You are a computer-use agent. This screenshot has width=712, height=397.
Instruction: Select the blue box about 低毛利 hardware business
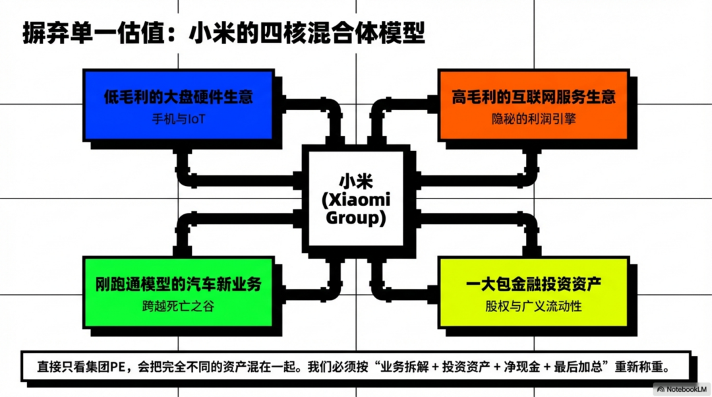click(x=178, y=106)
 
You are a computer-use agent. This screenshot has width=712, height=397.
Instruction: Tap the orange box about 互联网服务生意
click(x=533, y=106)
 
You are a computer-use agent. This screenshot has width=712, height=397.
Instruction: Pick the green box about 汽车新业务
click(x=178, y=292)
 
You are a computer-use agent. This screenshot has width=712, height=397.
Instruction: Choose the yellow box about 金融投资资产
click(x=533, y=292)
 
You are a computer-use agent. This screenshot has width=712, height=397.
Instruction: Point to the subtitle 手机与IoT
click(x=178, y=119)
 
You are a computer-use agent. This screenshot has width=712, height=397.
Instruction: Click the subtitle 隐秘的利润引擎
click(x=533, y=119)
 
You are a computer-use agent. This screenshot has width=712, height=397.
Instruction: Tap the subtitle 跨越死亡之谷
click(x=178, y=306)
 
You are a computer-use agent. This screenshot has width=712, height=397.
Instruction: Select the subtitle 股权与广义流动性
click(x=533, y=306)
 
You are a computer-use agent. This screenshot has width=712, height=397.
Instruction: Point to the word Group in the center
click(x=355, y=218)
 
